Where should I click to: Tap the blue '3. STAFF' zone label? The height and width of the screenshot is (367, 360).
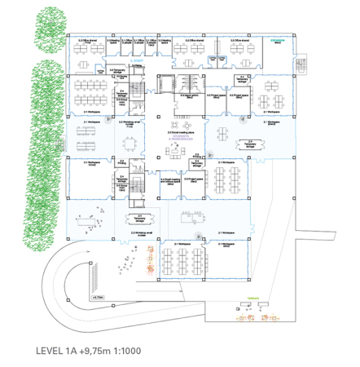point(137,60)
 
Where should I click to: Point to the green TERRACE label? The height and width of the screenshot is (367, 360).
point(253,298)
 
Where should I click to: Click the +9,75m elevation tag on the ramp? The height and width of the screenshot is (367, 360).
point(99,298)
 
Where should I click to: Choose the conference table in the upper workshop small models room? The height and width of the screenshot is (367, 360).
point(130,141)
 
